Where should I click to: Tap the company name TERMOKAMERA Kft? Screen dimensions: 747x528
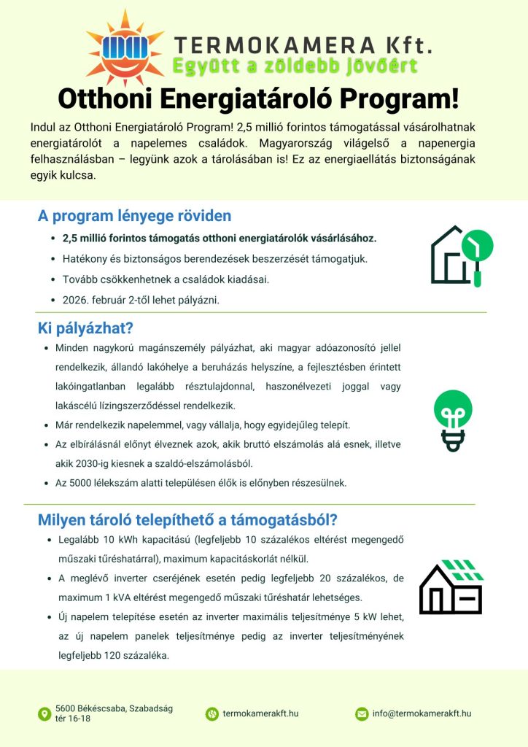tap(303, 44)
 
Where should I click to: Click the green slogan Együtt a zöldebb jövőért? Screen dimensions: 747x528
tap(295, 67)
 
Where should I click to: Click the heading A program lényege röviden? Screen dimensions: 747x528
tap(134, 216)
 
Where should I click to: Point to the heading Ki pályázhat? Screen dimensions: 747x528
tap(85, 328)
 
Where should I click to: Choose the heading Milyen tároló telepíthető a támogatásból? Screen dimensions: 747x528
tap(187, 520)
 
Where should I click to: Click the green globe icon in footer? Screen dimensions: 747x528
tap(211, 713)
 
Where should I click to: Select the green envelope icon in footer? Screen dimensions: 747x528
tap(362, 713)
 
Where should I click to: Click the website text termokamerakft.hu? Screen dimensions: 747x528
tap(260, 713)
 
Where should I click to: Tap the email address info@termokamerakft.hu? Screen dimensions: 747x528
tap(422, 713)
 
